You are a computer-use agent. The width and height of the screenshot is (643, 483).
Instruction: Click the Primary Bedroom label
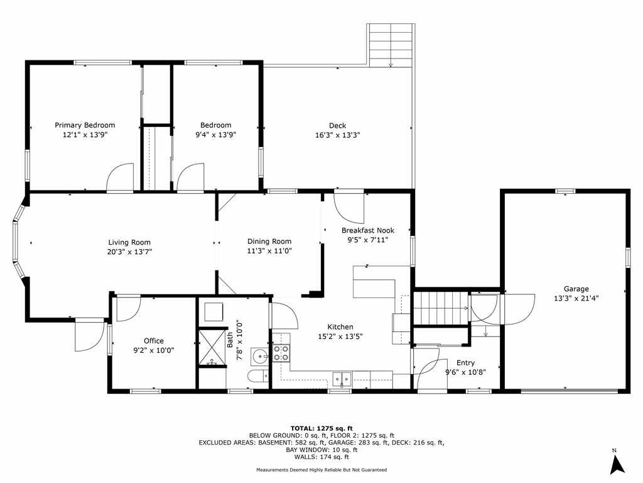coord(85,125)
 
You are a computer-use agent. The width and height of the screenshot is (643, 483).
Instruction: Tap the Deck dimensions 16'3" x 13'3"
coord(337,135)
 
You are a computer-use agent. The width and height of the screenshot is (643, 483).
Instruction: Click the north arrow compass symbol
coord(617,464)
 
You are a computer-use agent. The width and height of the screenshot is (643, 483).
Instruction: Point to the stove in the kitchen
coord(281,353)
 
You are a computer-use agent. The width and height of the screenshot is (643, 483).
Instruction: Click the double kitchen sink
coord(342,378)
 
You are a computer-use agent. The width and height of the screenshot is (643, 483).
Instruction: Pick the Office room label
coord(154,341)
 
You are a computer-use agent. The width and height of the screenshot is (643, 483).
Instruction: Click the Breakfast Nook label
coord(368,231)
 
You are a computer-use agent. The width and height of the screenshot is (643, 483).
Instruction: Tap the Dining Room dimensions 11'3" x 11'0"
coord(269,251)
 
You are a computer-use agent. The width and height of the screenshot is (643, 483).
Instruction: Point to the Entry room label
coord(465,363)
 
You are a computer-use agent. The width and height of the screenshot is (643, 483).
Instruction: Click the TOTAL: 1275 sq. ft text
coord(321,428)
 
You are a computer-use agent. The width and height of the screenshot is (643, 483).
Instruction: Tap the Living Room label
coord(129,242)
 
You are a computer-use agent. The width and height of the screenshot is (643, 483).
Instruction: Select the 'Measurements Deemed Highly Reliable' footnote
coord(321,470)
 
